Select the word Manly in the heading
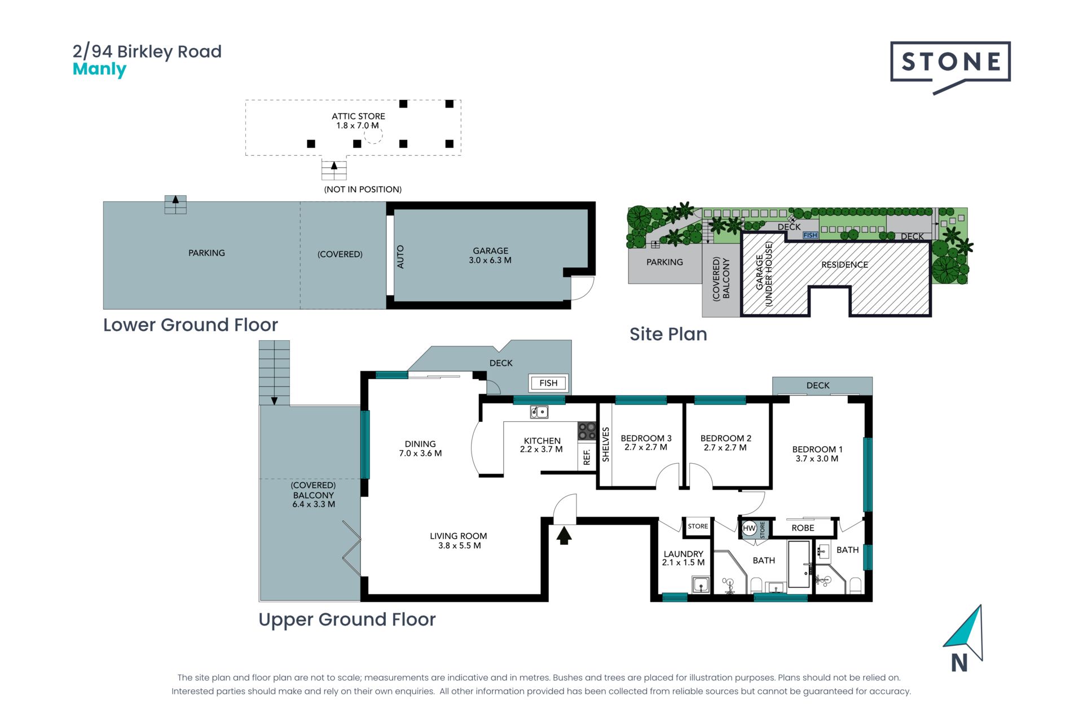pyautogui.click(x=99, y=70)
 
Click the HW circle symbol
pyautogui.click(x=749, y=529)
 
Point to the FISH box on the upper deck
pyautogui.click(x=548, y=383)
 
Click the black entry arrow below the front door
pyautogui.click(x=564, y=535)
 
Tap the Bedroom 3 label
pyautogui.click(x=646, y=438)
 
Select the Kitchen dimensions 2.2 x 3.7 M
pyautogui.click(x=541, y=450)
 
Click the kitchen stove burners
pyautogui.click(x=587, y=432)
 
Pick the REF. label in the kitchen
pyautogui.click(x=587, y=457)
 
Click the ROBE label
pyautogui.click(x=803, y=528)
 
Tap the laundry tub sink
pyautogui.click(x=701, y=585)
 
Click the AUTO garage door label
pyautogui.click(x=400, y=257)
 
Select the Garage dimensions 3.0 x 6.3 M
pyautogui.click(x=490, y=261)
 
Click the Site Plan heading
pyautogui.click(x=668, y=334)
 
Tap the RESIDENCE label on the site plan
pyautogui.click(x=844, y=265)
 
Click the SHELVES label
pyautogui.click(x=606, y=444)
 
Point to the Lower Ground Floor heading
pyautogui.click(x=191, y=325)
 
